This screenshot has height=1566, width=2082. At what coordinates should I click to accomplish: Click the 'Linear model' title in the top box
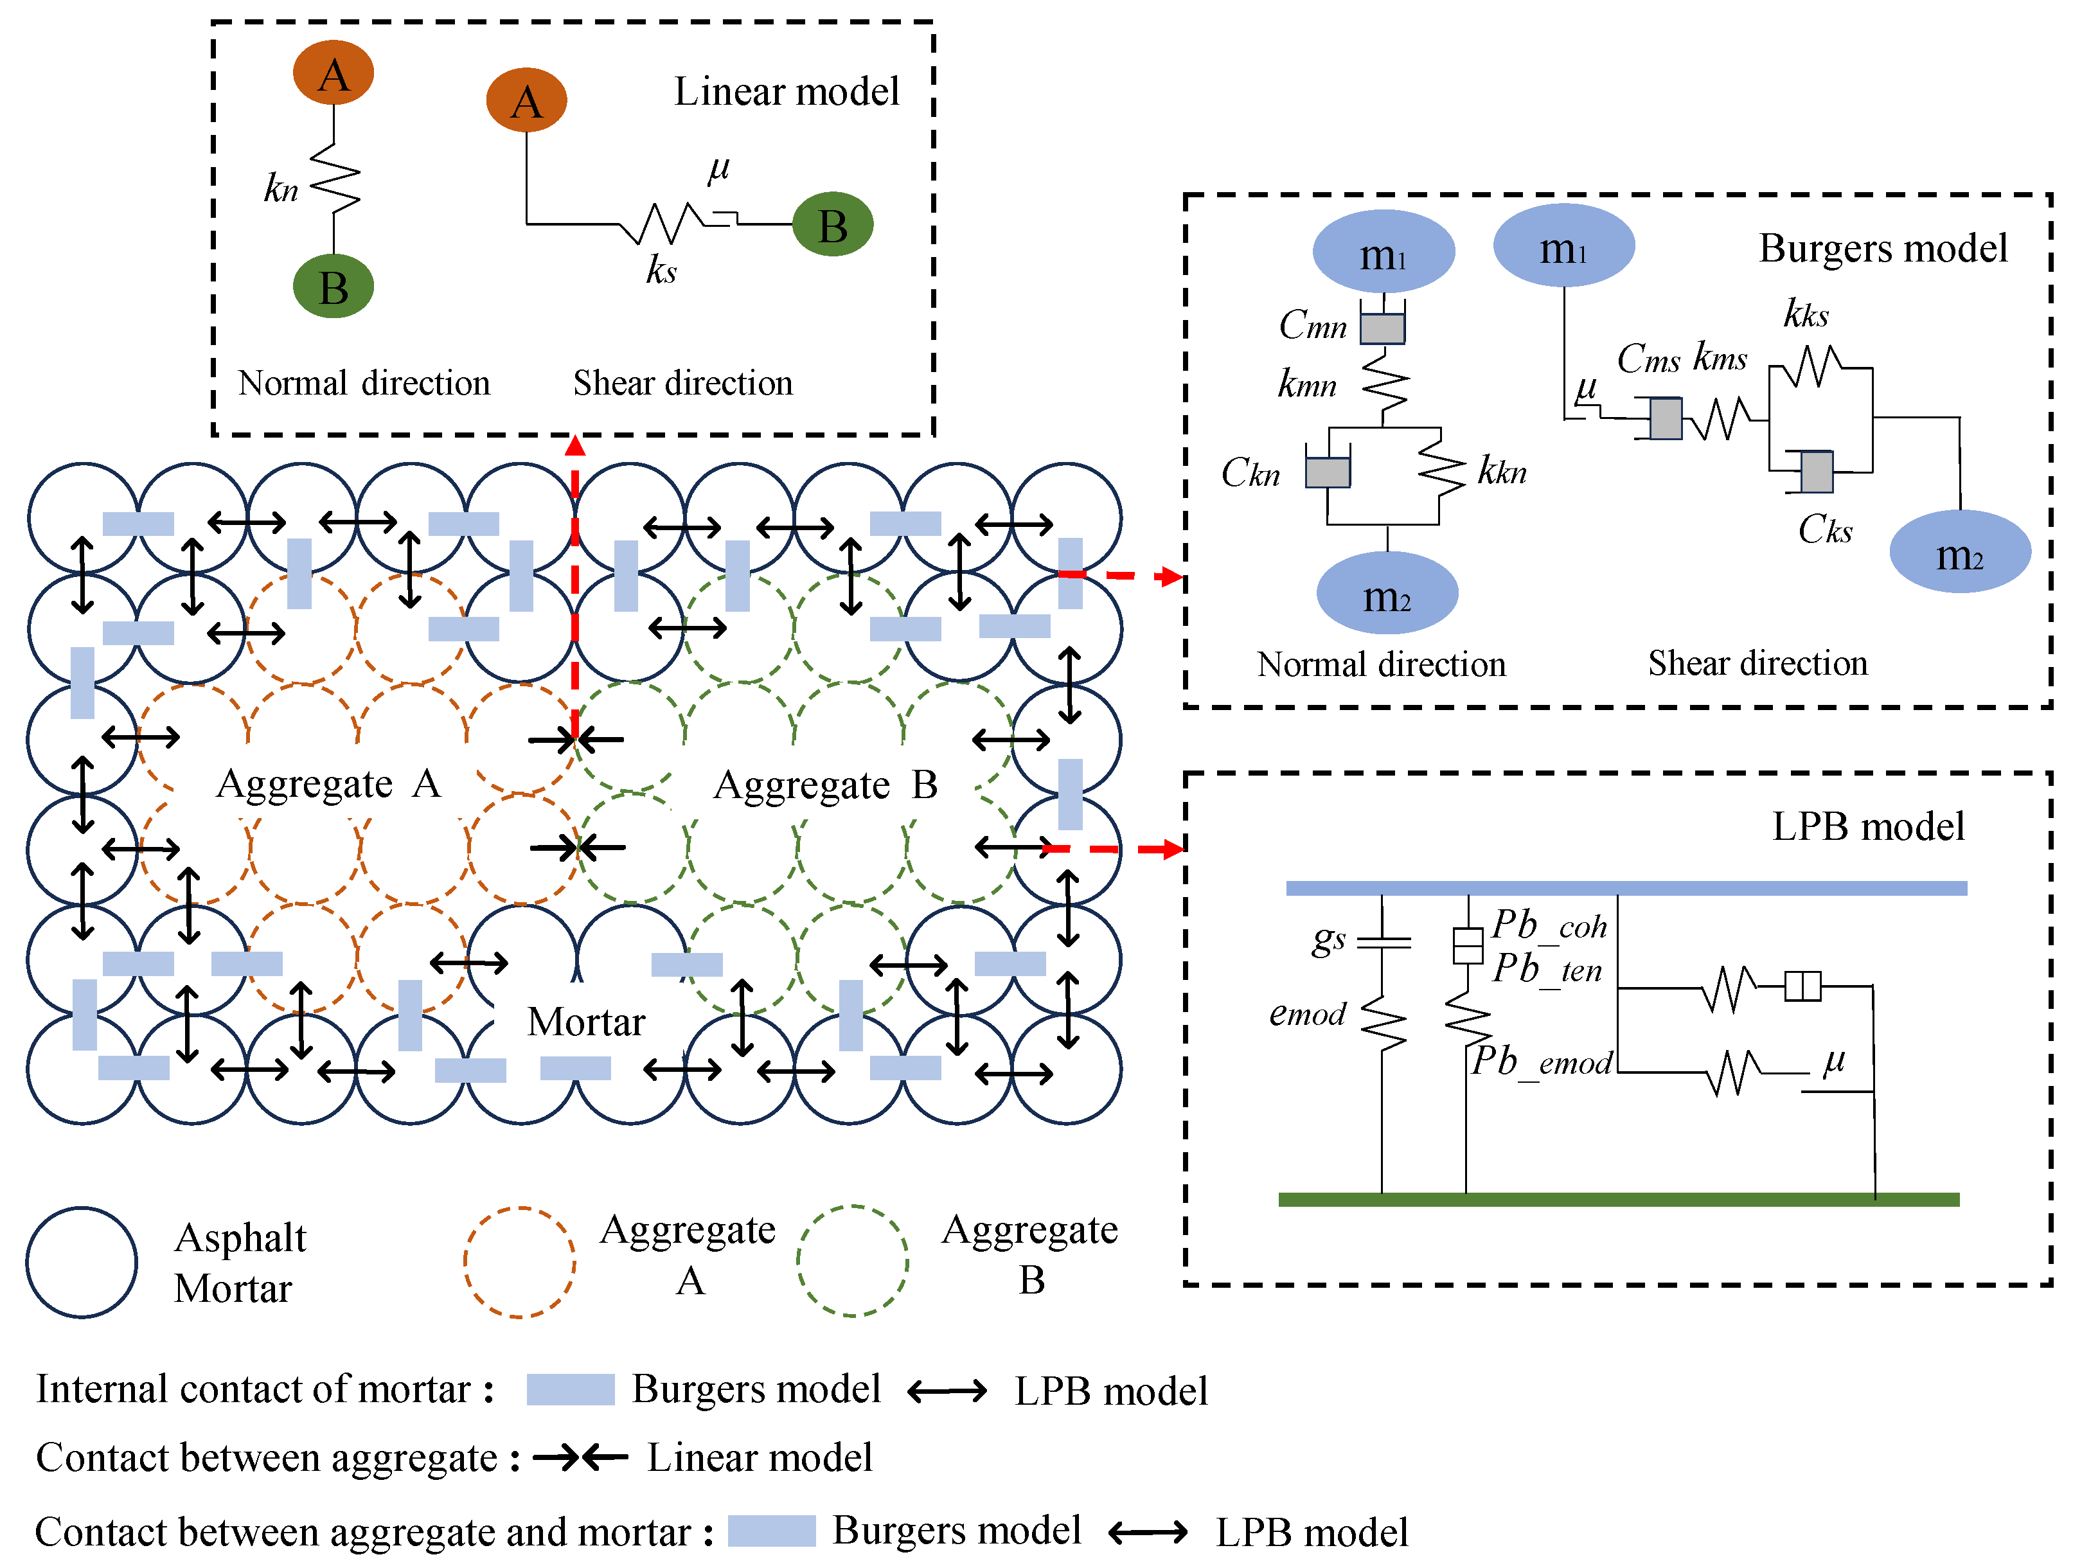coord(787,91)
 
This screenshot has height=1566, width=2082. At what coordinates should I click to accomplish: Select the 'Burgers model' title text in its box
coord(1883,249)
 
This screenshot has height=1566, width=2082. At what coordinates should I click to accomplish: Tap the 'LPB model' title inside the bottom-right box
coord(1869,826)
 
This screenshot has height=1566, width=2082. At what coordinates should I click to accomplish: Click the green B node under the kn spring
coord(334,286)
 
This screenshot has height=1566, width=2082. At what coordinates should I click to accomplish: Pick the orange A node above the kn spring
coord(334,73)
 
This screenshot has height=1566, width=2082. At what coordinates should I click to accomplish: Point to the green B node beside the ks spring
coord(833,224)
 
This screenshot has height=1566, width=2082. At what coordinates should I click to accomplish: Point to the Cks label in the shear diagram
coord(1825,530)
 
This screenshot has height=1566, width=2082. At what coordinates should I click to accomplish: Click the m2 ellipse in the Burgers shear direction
coord(1961,551)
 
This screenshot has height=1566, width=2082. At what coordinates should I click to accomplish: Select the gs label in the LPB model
coord(1329,938)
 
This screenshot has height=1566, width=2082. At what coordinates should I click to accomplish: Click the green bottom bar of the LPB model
coord(1619,1199)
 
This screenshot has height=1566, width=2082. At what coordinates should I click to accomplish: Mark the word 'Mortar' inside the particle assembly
coord(587,1021)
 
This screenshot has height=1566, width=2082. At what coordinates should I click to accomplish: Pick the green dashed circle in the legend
coord(853,1261)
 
